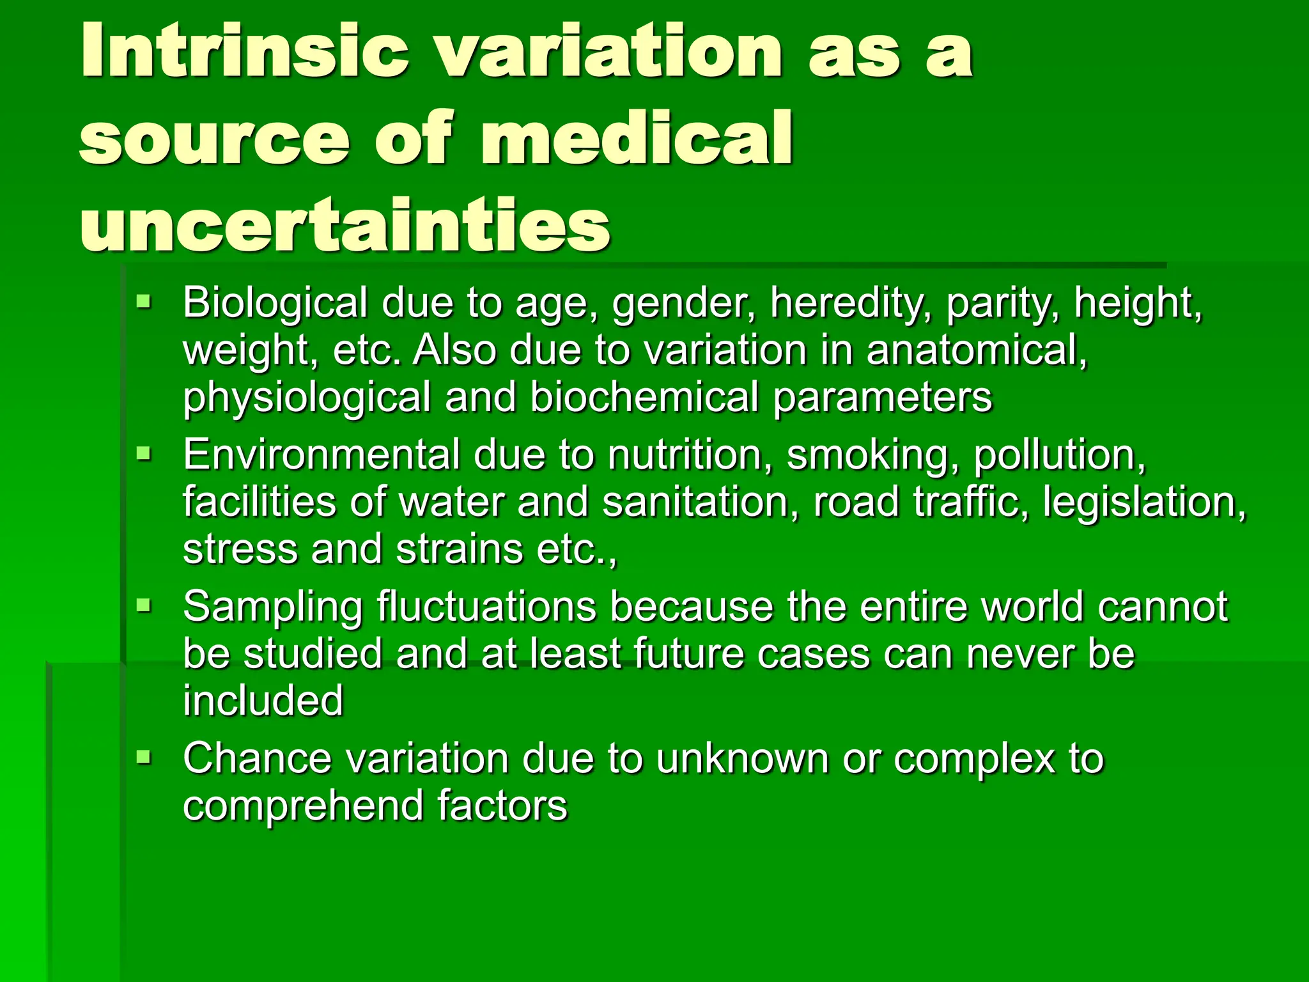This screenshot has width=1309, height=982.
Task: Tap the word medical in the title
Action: (636, 138)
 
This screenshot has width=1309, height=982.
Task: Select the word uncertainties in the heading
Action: (345, 225)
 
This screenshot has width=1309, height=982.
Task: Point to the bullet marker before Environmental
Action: (144, 453)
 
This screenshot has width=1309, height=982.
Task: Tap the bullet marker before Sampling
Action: (144, 604)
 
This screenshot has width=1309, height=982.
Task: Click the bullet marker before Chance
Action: (144, 757)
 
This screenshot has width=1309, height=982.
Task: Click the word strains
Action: (459, 549)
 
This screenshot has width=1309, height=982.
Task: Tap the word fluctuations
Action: (486, 607)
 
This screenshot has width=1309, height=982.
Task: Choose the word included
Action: (263, 701)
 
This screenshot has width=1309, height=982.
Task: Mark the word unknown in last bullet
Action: (742, 758)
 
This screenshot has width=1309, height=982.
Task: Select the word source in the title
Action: (214, 138)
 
